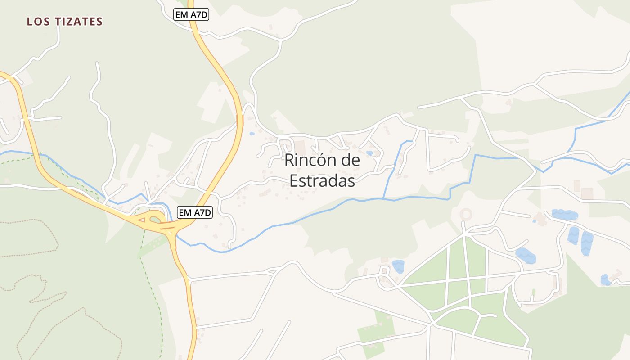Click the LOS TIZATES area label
click(65, 21)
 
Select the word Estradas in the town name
click(322, 180)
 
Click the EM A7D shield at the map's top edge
click(191, 14)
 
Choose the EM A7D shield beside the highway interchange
click(195, 212)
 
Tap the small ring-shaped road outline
click(466, 214)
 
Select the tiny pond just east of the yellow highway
click(252, 134)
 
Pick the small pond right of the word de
click(369, 153)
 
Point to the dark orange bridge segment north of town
click(239, 120)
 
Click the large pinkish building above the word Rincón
click(300, 147)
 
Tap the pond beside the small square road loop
click(398, 266)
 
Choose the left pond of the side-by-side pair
click(573, 236)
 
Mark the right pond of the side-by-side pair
click(587, 243)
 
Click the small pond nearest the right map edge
click(606, 279)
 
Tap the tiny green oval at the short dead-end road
click(534, 292)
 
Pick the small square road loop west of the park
click(384, 270)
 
